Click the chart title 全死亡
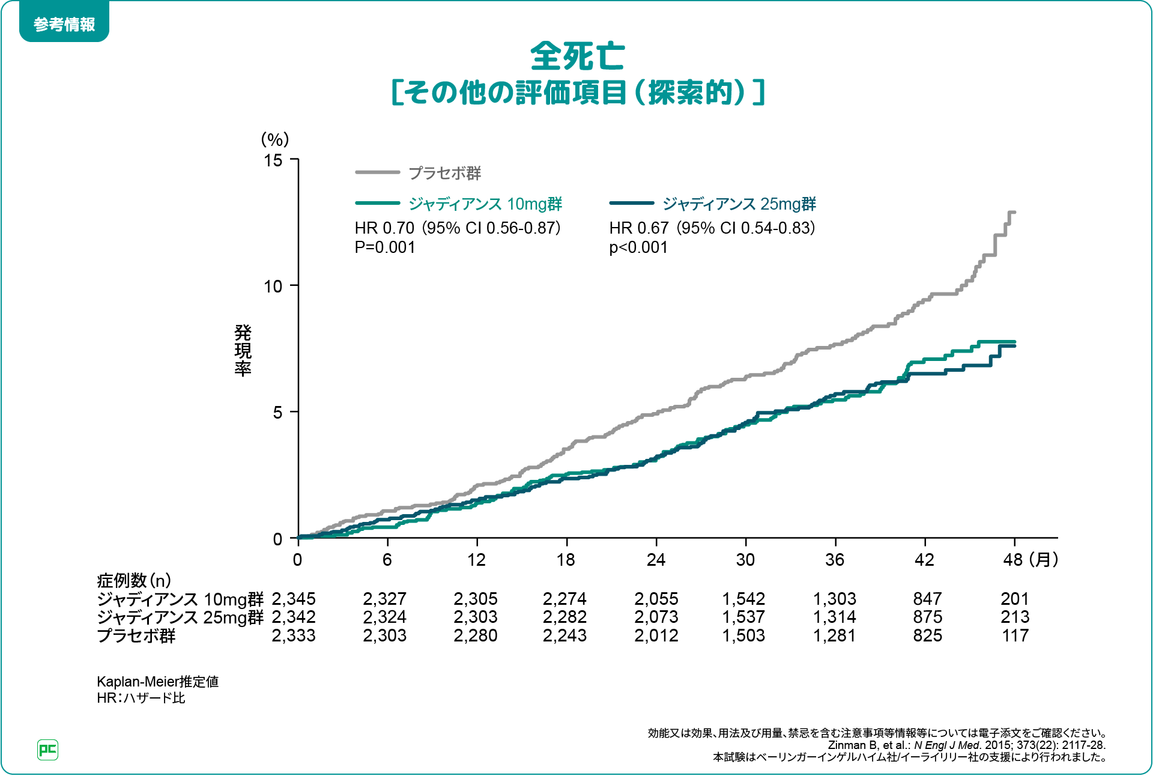pos(577,56)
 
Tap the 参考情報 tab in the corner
pos(64,25)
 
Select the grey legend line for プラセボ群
pos(377,172)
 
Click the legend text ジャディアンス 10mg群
pos(485,204)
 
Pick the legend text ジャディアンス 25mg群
pos(739,204)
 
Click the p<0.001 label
pos(638,247)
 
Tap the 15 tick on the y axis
pos(273,160)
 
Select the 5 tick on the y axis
pos(277,413)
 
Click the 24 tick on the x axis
pos(656,560)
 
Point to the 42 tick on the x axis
pos(924,560)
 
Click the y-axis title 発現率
pos(243,350)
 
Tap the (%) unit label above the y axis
pos(275,139)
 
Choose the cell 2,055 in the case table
pos(656,599)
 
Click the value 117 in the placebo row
pos(1015,635)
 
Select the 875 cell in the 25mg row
pos(927,617)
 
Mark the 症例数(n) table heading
pos(134,580)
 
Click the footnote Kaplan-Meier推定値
pos(157,682)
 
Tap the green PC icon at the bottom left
pos(47,750)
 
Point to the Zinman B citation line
pos(966,745)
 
